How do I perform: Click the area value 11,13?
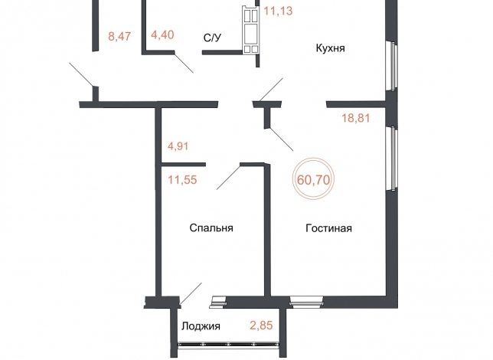tap(278, 11)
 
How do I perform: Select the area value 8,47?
tap(119, 36)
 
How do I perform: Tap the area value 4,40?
tap(162, 34)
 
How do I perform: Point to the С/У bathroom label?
tap(213, 38)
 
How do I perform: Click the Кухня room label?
tap(330, 48)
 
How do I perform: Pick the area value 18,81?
tap(356, 118)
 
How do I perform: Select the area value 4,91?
tap(178, 146)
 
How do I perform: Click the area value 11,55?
tap(182, 180)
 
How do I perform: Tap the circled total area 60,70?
tap(313, 180)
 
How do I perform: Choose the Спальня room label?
tap(211, 227)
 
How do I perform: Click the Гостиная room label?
tap(328, 228)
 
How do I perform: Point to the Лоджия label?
tap(201, 326)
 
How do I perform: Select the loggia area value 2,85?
tap(261, 325)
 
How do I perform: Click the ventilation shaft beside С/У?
tap(250, 30)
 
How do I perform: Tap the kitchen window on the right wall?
tap(392, 67)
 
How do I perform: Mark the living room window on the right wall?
tap(392, 159)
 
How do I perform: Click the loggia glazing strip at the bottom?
tap(229, 345)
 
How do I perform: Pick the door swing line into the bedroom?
tap(229, 178)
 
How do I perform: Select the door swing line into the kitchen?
tap(271, 90)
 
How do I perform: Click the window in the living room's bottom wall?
tap(306, 301)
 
